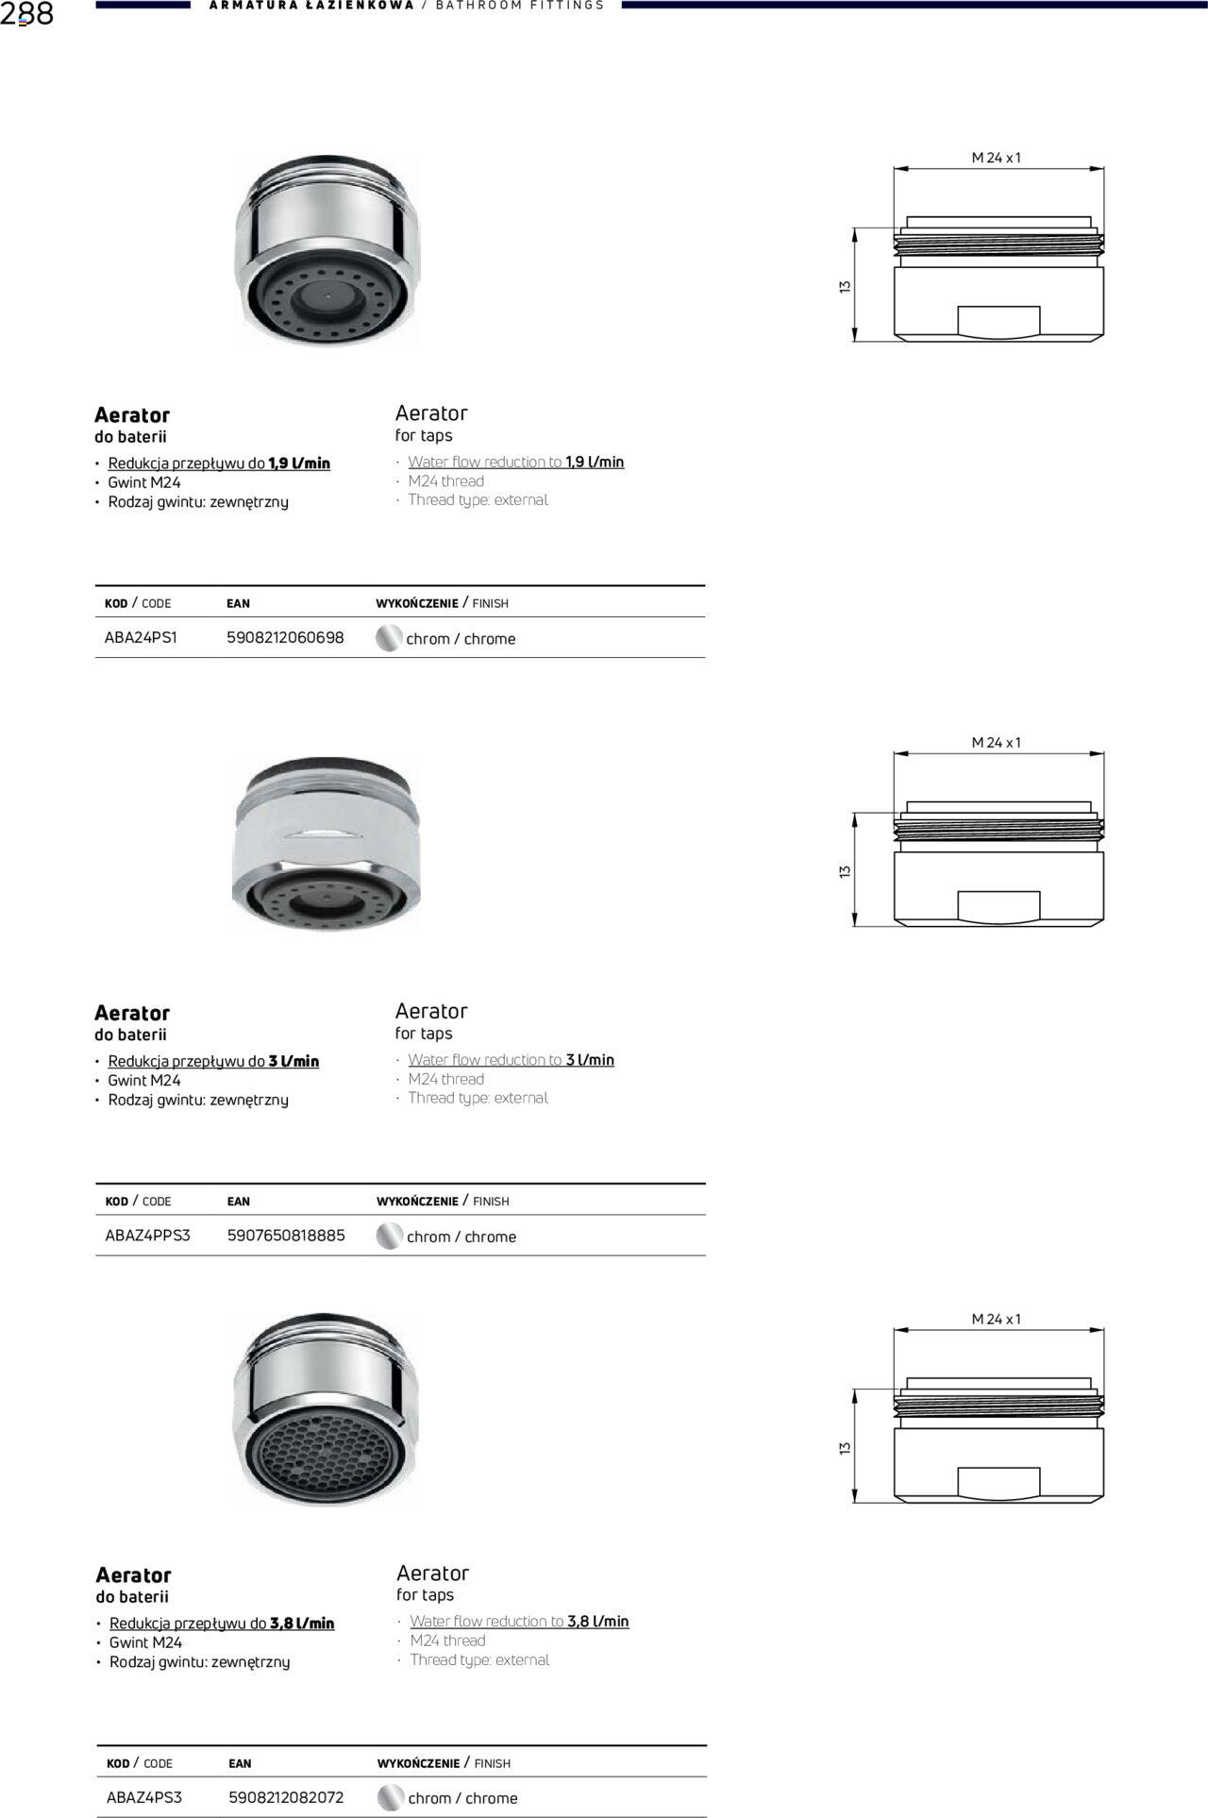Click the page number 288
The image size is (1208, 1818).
click(27, 14)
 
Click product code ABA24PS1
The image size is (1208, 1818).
click(141, 638)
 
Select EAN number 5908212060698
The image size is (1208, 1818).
click(285, 638)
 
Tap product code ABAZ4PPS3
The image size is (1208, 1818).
click(147, 1236)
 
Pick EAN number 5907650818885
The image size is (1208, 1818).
click(286, 1236)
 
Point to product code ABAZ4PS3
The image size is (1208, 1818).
click(144, 1797)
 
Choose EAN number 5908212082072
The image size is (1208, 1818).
click(286, 1797)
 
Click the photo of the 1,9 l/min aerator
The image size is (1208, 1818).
click(326, 250)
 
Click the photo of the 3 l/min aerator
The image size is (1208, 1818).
click(326, 842)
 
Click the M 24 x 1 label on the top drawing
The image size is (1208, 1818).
click(997, 158)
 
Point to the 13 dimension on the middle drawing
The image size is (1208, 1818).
click(845, 870)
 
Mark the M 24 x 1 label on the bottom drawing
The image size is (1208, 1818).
click(997, 1319)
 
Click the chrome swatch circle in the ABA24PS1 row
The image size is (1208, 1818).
click(388, 639)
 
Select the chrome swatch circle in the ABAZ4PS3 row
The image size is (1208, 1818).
click(390, 1798)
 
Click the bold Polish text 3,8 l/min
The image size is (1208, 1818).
click(302, 1624)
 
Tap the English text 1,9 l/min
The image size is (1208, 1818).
click(595, 462)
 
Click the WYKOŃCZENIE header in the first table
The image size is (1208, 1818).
click(416, 603)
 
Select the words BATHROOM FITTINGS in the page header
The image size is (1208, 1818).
click(520, 6)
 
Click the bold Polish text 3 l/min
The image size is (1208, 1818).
click(294, 1061)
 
